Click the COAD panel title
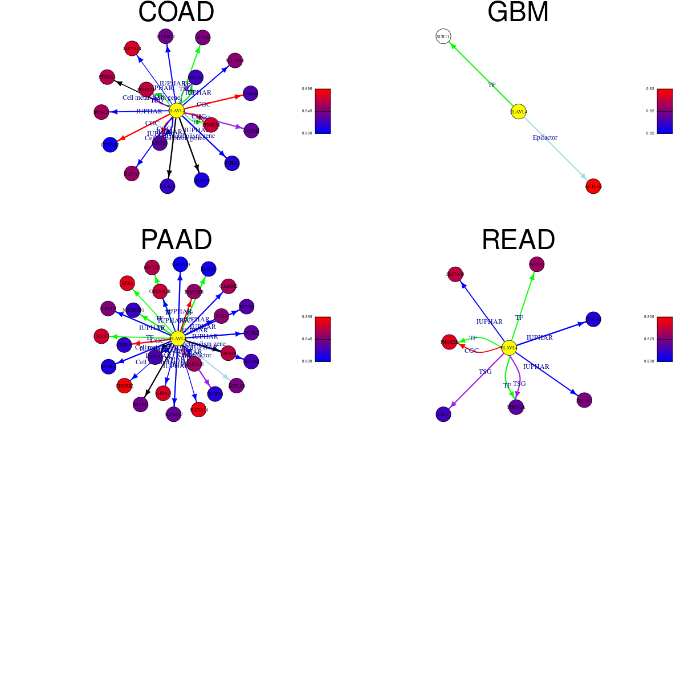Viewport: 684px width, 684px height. (x=176, y=13)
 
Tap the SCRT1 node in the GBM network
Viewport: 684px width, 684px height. (x=443, y=36)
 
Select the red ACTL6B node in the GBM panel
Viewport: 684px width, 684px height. (x=593, y=186)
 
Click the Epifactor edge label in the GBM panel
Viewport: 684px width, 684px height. (x=545, y=137)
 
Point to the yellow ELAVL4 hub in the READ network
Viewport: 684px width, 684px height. (x=509, y=348)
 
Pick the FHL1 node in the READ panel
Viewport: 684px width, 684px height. (x=443, y=414)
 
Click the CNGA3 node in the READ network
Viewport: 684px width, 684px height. (x=593, y=319)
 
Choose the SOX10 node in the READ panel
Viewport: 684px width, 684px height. (x=536, y=264)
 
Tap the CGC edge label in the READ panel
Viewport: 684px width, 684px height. (x=471, y=351)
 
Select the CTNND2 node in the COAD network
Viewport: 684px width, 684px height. (x=110, y=145)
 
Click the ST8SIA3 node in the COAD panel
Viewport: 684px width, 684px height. (x=107, y=77)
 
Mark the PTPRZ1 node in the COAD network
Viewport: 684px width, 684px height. (x=232, y=164)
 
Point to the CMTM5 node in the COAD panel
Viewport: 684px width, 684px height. (x=251, y=131)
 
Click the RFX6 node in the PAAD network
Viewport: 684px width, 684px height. (x=127, y=283)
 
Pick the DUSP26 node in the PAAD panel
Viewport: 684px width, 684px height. (x=215, y=394)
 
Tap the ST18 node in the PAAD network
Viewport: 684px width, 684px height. (x=101, y=336)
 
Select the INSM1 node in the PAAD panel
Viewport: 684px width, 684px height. (x=209, y=269)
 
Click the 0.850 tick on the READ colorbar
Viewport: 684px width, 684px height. (x=649, y=317)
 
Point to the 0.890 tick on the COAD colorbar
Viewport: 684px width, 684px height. (x=307, y=89)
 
